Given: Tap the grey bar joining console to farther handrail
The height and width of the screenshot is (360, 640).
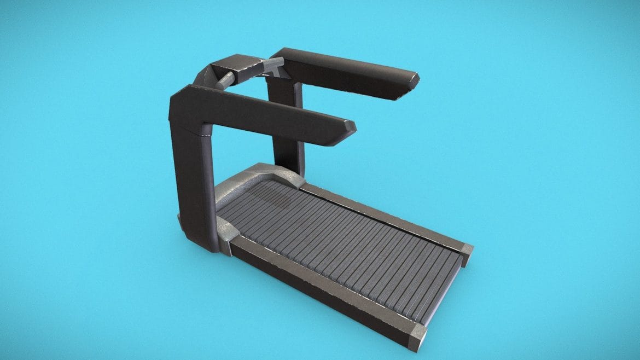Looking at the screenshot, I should tap(272, 66).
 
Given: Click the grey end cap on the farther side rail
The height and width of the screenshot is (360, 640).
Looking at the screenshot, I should tap(467, 252).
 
